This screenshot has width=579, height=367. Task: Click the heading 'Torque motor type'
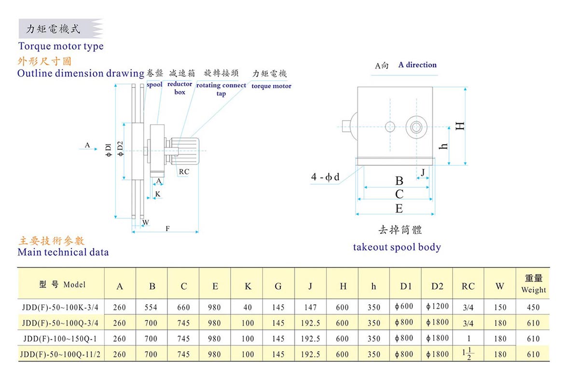(x=61, y=47)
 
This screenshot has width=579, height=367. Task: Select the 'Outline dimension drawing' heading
(x=81, y=73)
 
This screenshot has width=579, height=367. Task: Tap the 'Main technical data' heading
(x=63, y=252)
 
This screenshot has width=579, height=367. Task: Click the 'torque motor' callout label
(x=271, y=86)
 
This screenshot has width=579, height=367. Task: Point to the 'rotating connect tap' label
(x=221, y=89)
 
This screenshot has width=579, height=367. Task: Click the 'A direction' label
(x=417, y=65)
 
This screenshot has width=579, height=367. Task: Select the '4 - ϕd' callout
(x=325, y=177)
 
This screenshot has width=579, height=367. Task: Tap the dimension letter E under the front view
(x=399, y=208)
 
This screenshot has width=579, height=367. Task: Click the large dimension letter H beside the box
(x=460, y=125)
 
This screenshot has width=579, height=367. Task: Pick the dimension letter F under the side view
(x=167, y=229)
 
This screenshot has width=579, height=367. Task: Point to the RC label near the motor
(x=184, y=172)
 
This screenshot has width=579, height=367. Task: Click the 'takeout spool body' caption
(x=397, y=247)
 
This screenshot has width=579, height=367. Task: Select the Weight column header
(x=533, y=285)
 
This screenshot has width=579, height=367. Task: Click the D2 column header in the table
(x=437, y=286)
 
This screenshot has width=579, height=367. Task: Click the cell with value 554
(x=152, y=307)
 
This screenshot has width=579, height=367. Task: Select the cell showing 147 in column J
(x=310, y=307)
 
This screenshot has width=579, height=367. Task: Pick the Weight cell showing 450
(x=533, y=307)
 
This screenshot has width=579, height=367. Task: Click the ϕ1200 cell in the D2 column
(x=437, y=307)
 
